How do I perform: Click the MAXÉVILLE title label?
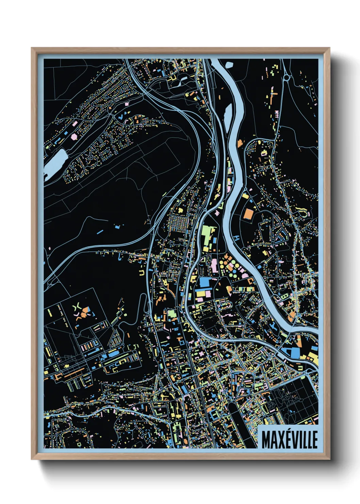tap(289, 440)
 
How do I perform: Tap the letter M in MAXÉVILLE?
tap(266, 440)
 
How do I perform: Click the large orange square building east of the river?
tap(248, 214)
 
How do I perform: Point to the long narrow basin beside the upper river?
tap(228, 114)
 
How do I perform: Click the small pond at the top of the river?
tap(229, 64)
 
